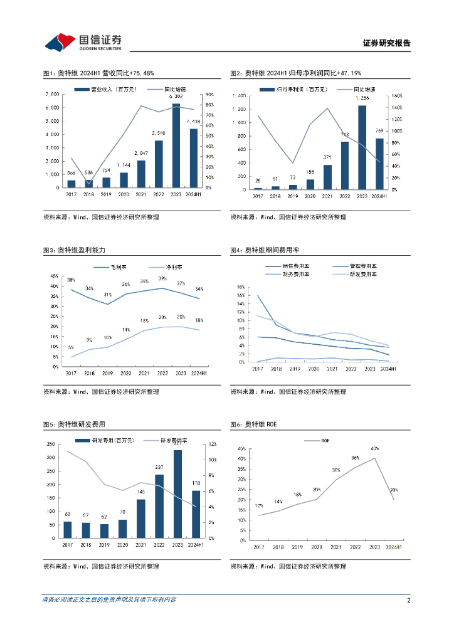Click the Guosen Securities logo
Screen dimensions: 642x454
83,41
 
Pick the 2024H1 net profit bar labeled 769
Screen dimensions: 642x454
379,164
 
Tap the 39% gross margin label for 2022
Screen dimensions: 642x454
162,278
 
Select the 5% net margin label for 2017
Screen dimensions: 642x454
71,347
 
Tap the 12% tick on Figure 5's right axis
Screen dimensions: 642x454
213,444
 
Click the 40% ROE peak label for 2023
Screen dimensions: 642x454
375,449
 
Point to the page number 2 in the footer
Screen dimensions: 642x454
408,600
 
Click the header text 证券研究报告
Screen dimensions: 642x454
386,43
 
